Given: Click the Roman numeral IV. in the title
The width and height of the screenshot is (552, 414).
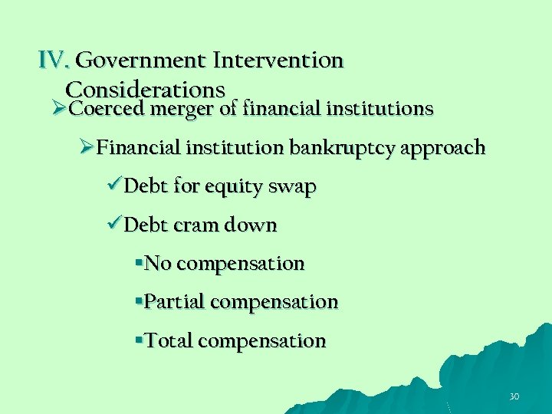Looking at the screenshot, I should pyautogui.click(x=55, y=60).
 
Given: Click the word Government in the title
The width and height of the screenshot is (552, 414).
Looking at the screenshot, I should pyautogui.click(x=141, y=60).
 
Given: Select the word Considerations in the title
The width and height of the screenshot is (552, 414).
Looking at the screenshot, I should pyautogui.click(x=146, y=90).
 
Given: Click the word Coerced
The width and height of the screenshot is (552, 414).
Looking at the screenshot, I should pyautogui.click(x=107, y=109).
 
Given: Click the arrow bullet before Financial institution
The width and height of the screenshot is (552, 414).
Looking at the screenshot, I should pyautogui.click(x=88, y=147).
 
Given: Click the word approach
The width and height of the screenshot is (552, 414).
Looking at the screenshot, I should pyautogui.click(x=445, y=148).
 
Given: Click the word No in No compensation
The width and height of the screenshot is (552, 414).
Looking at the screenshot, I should pyautogui.click(x=157, y=264).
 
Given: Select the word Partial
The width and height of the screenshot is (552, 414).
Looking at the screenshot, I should pyautogui.click(x=174, y=302).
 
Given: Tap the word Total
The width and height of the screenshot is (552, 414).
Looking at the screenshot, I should pyautogui.click(x=168, y=340).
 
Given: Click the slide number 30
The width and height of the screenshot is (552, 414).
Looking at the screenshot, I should pyautogui.click(x=514, y=396).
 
